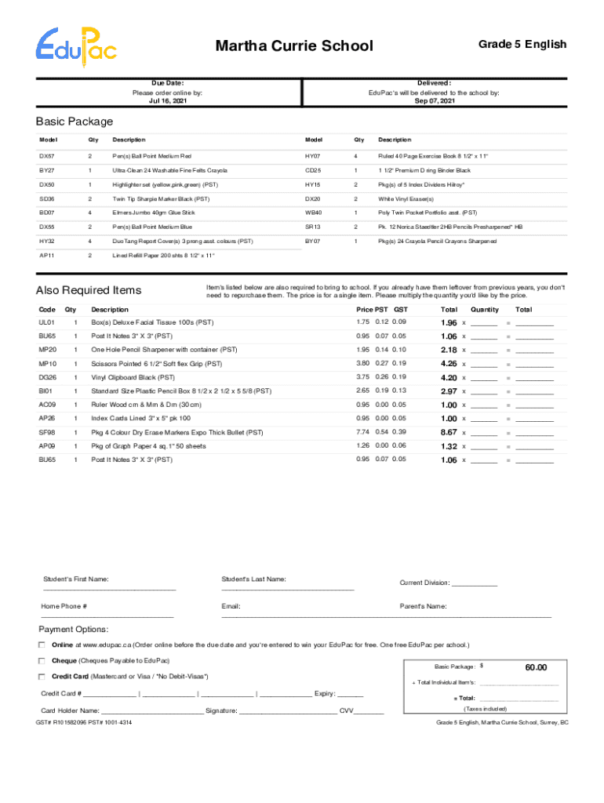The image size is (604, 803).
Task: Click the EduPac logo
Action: [76, 45]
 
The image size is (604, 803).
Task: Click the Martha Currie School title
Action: [294, 46]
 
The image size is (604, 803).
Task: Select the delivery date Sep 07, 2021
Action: [434, 101]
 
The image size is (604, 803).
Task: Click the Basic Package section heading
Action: [75, 122]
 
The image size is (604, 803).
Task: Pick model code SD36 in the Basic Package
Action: [47, 198]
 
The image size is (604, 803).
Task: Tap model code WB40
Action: [313, 213]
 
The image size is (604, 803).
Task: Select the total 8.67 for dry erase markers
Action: [449, 432]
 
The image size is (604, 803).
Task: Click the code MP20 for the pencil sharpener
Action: [47, 350]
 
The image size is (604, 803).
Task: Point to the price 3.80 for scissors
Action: [362, 363]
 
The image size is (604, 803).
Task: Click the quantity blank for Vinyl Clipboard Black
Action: [483, 378]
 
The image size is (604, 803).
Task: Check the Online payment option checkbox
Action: [42, 644]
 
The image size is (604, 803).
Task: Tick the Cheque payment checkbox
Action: [42, 660]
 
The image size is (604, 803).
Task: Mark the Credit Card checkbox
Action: [42, 676]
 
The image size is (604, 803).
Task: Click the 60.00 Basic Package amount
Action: [536, 667]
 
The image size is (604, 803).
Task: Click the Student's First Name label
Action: [75, 580]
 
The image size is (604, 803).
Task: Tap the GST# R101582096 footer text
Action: [83, 721]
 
